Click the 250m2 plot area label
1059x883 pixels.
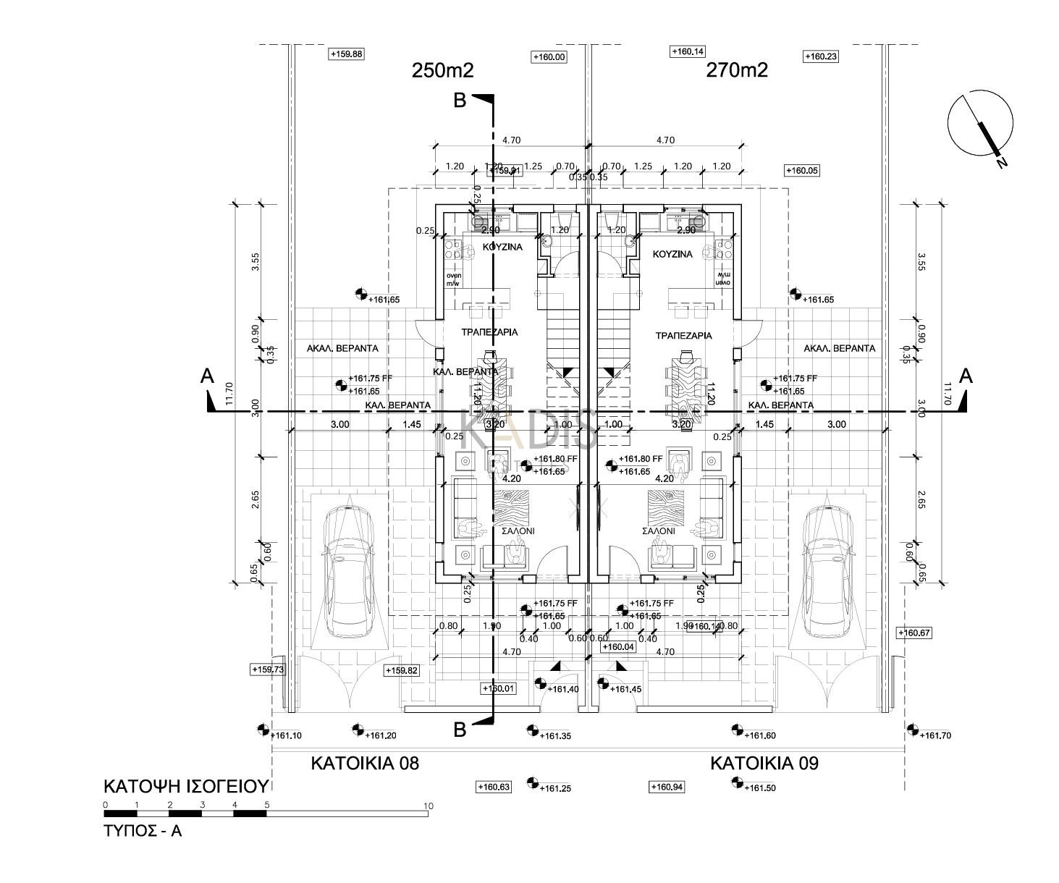coord(442,70)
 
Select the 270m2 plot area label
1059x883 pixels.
coord(736,70)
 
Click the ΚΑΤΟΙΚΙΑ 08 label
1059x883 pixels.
coord(365,763)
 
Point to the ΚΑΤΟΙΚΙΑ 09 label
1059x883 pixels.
coord(764,763)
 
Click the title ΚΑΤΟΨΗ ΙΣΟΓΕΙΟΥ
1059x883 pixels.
coord(186,787)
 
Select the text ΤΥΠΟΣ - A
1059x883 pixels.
coord(143,831)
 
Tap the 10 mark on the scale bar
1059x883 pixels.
coord(428,806)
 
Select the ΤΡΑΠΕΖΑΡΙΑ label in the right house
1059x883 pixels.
coord(683,336)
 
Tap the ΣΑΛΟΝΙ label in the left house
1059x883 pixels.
coord(518,531)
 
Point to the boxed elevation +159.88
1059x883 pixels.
coord(347,54)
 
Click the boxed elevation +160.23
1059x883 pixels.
coord(821,56)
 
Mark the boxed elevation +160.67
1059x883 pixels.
coord(914,633)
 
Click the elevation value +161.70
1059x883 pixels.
coord(935,736)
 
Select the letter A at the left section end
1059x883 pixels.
coord(208,376)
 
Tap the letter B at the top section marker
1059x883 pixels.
coord(460,101)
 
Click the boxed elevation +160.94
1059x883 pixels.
coord(667,787)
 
